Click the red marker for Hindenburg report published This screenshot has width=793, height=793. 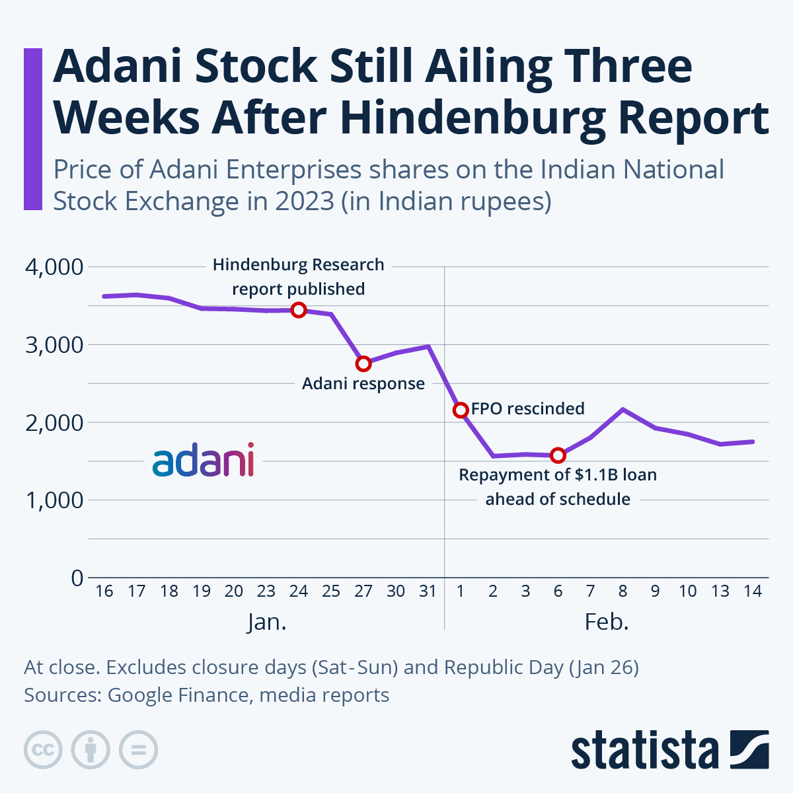(x=299, y=310)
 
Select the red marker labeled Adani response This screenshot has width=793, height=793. (x=363, y=363)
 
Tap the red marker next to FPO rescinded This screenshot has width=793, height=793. (x=461, y=410)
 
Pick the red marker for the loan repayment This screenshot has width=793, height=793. (x=558, y=455)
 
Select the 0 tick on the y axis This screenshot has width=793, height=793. (x=77, y=578)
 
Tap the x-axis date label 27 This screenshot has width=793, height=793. (x=363, y=591)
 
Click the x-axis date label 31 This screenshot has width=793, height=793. (x=428, y=591)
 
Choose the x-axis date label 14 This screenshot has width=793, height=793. (x=752, y=591)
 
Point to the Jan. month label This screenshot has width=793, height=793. (x=267, y=622)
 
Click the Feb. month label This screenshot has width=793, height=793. (x=606, y=622)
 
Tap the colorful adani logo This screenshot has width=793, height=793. (x=203, y=461)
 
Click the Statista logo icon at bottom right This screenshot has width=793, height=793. (x=749, y=750)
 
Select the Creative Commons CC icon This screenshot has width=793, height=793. (x=43, y=750)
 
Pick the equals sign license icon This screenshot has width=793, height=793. (x=138, y=750)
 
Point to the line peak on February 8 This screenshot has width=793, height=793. (x=623, y=409)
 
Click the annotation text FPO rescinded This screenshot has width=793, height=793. (x=527, y=408)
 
